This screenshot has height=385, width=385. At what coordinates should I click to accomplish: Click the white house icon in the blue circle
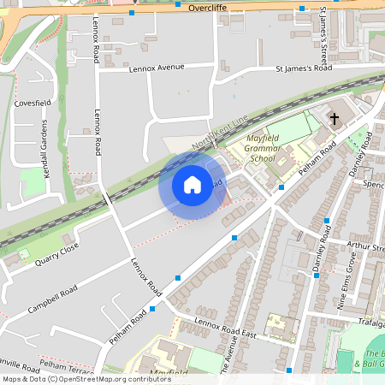tap(192, 185)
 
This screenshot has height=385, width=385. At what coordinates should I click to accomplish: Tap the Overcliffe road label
tap(208, 6)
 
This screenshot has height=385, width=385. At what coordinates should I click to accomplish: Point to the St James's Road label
tap(303, 68)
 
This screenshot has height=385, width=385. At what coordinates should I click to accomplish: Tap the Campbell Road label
tap(53, 297)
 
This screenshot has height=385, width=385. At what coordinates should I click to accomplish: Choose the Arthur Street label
tap(365, 248)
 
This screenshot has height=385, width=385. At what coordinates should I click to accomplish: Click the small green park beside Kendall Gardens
tap(33, 181)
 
